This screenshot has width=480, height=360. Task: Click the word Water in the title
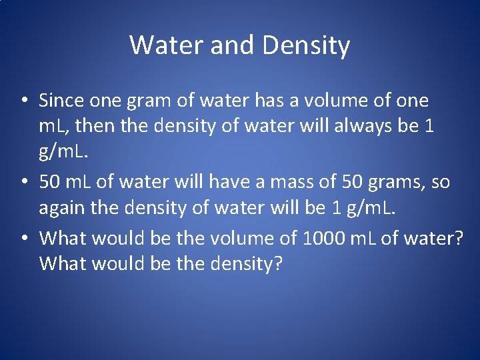[159, 45]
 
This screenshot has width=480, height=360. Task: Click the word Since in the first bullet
[59, 101]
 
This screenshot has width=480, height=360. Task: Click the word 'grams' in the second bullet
[398, 182]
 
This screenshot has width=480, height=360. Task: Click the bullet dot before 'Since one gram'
[23, 101]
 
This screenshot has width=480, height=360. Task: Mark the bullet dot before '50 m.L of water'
[23, 182]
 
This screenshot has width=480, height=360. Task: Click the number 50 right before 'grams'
[352, 181]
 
